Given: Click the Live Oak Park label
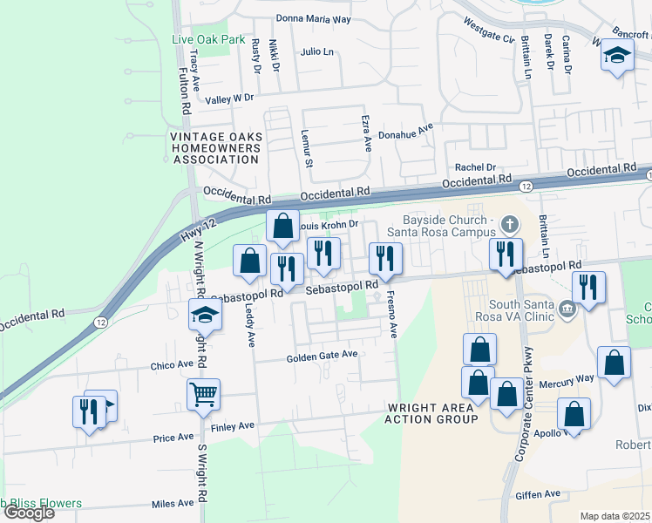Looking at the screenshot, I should click(208, 39).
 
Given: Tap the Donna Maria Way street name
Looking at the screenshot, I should click(313, 18).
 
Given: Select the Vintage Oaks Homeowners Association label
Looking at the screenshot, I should click(214, 148).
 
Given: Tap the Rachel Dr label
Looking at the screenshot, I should click(475, 167).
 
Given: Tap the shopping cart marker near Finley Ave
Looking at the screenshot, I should click(203, 393).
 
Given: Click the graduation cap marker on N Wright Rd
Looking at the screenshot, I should click(205, 314).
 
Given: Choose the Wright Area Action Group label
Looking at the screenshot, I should click(431, 413).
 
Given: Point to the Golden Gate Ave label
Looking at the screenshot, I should click(323, 356).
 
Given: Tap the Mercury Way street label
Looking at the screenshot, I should click(572, 378).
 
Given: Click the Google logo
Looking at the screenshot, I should click(29, 513).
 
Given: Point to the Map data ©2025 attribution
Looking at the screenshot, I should click(614, 516).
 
